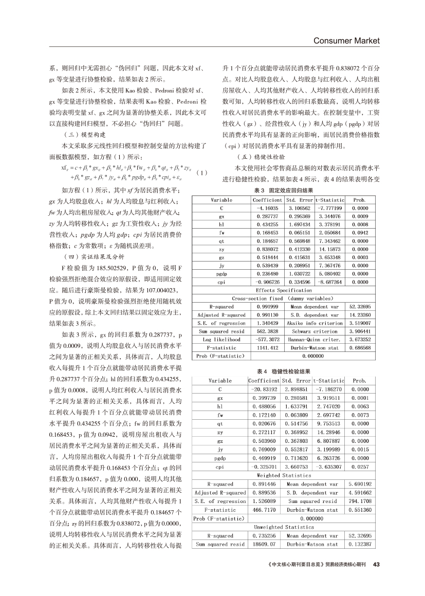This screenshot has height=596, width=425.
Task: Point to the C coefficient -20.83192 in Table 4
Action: point(264,389)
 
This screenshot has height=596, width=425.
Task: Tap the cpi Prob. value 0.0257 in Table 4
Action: point(359,467)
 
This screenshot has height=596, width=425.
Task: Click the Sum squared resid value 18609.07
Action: point(264,544)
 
